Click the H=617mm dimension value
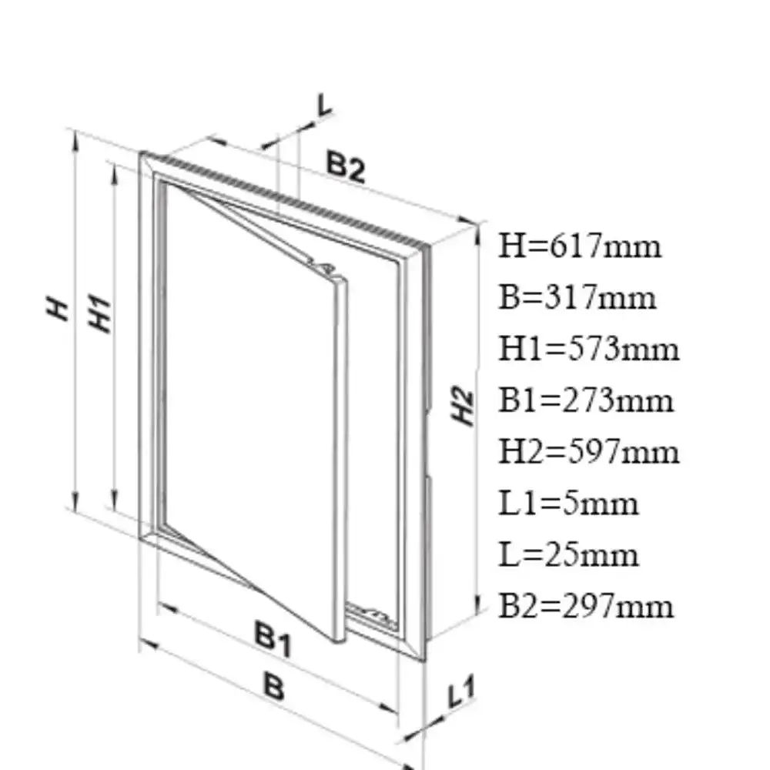tap(580, 246)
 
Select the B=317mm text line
tap(577, 297)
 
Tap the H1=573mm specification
tap(589, 349)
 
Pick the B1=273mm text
tap(586, 400)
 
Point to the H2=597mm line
tap(589, 452)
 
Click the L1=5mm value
tap(568, 504)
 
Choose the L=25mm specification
tap(568, 555)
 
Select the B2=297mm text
tap(586, 606)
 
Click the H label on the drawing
tap(58, 309)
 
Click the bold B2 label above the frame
tap(346, 166)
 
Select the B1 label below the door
tap(273, 638)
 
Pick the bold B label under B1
tap(274, 686)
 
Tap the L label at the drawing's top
tap(325, 105)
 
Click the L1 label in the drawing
tap(461, 691)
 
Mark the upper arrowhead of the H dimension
tap(75, 142)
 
